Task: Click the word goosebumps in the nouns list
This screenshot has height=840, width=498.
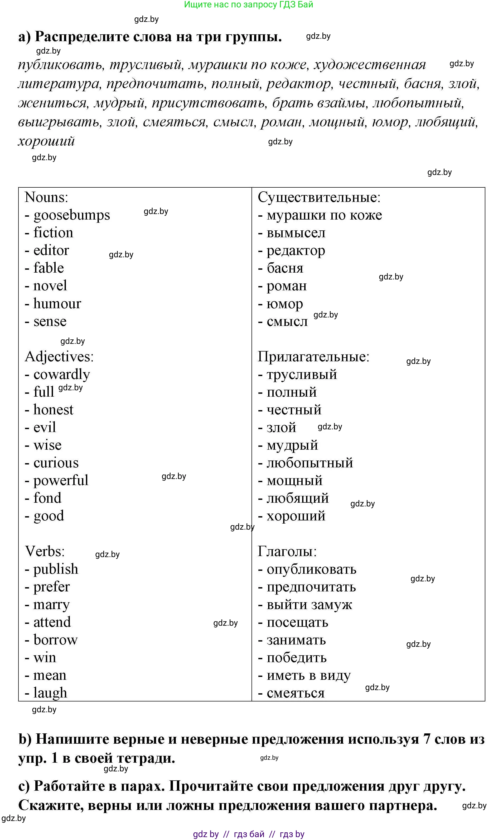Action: (x=71, y=215)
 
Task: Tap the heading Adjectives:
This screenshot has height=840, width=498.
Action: (x=59, y=357)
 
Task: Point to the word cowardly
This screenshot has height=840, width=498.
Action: (x=61, y=374)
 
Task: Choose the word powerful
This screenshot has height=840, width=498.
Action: (x=60, y=481)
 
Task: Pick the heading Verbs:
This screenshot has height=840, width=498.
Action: (x=45, y=552)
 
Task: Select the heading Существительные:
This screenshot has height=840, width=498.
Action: (x=319, y=197)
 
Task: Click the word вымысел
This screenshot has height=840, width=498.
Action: (x=296, y=233)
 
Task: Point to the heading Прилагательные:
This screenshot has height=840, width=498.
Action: (x=313, y=357)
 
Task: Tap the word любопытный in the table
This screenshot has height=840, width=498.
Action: (x=310, y=463)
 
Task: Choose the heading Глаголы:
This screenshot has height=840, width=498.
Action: (x=287, y=552)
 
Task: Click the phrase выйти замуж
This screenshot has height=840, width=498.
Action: (x=309, y=605)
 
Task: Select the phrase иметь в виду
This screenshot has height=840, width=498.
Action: (x=308, y=675)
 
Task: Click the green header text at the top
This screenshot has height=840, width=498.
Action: (x=248, y=4)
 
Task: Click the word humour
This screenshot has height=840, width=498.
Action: (x=57, y=304)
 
